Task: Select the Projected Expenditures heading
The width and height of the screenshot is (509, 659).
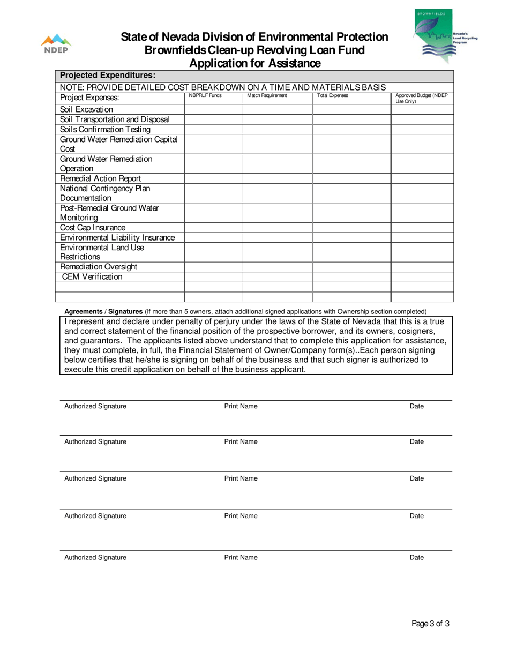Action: (108, 76)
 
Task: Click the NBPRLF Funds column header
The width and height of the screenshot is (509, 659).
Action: (205, 96)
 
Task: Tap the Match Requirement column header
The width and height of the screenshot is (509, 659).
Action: (267, 96)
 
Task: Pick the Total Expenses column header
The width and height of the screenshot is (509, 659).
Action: (333, 96)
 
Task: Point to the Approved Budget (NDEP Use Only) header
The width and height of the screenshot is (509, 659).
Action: (421, 98)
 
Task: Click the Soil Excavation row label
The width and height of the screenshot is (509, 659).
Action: (87, 110)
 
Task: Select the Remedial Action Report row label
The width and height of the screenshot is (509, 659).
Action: (100, 178)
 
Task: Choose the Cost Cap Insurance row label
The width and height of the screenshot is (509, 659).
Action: (93, 228)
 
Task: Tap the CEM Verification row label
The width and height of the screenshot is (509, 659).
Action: (92, 277)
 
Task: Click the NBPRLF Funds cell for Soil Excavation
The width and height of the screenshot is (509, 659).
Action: (213, 110)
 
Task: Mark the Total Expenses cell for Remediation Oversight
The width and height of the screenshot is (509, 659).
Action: (351, 267)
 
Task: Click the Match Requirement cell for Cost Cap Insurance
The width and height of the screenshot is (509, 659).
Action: (278, 228)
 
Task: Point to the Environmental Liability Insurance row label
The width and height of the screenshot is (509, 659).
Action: (117, 237)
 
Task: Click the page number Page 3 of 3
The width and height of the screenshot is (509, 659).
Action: (430, 623)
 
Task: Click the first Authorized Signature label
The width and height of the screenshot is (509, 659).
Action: (95, 406)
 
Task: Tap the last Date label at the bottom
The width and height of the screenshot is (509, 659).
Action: (416, 557)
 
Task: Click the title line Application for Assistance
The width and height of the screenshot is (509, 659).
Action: (255, 64)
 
